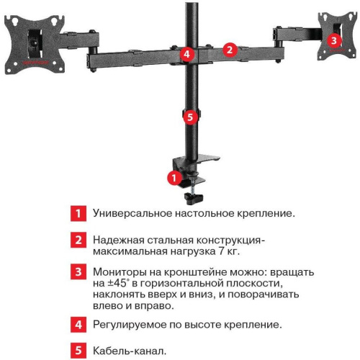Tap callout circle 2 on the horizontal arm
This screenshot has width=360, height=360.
[x=229, y=50]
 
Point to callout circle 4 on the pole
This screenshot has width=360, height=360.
[x=186, y=53]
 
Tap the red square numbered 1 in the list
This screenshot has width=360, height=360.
[x=76, y=214]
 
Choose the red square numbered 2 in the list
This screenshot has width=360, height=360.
[x=76, y=240]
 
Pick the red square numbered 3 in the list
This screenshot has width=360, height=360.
[x=76, y=273]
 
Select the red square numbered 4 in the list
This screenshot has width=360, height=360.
[x=76, y=325]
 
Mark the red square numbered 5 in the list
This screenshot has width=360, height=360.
[x=76, y=351]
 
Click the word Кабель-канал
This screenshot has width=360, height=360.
[x=130, y=351]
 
